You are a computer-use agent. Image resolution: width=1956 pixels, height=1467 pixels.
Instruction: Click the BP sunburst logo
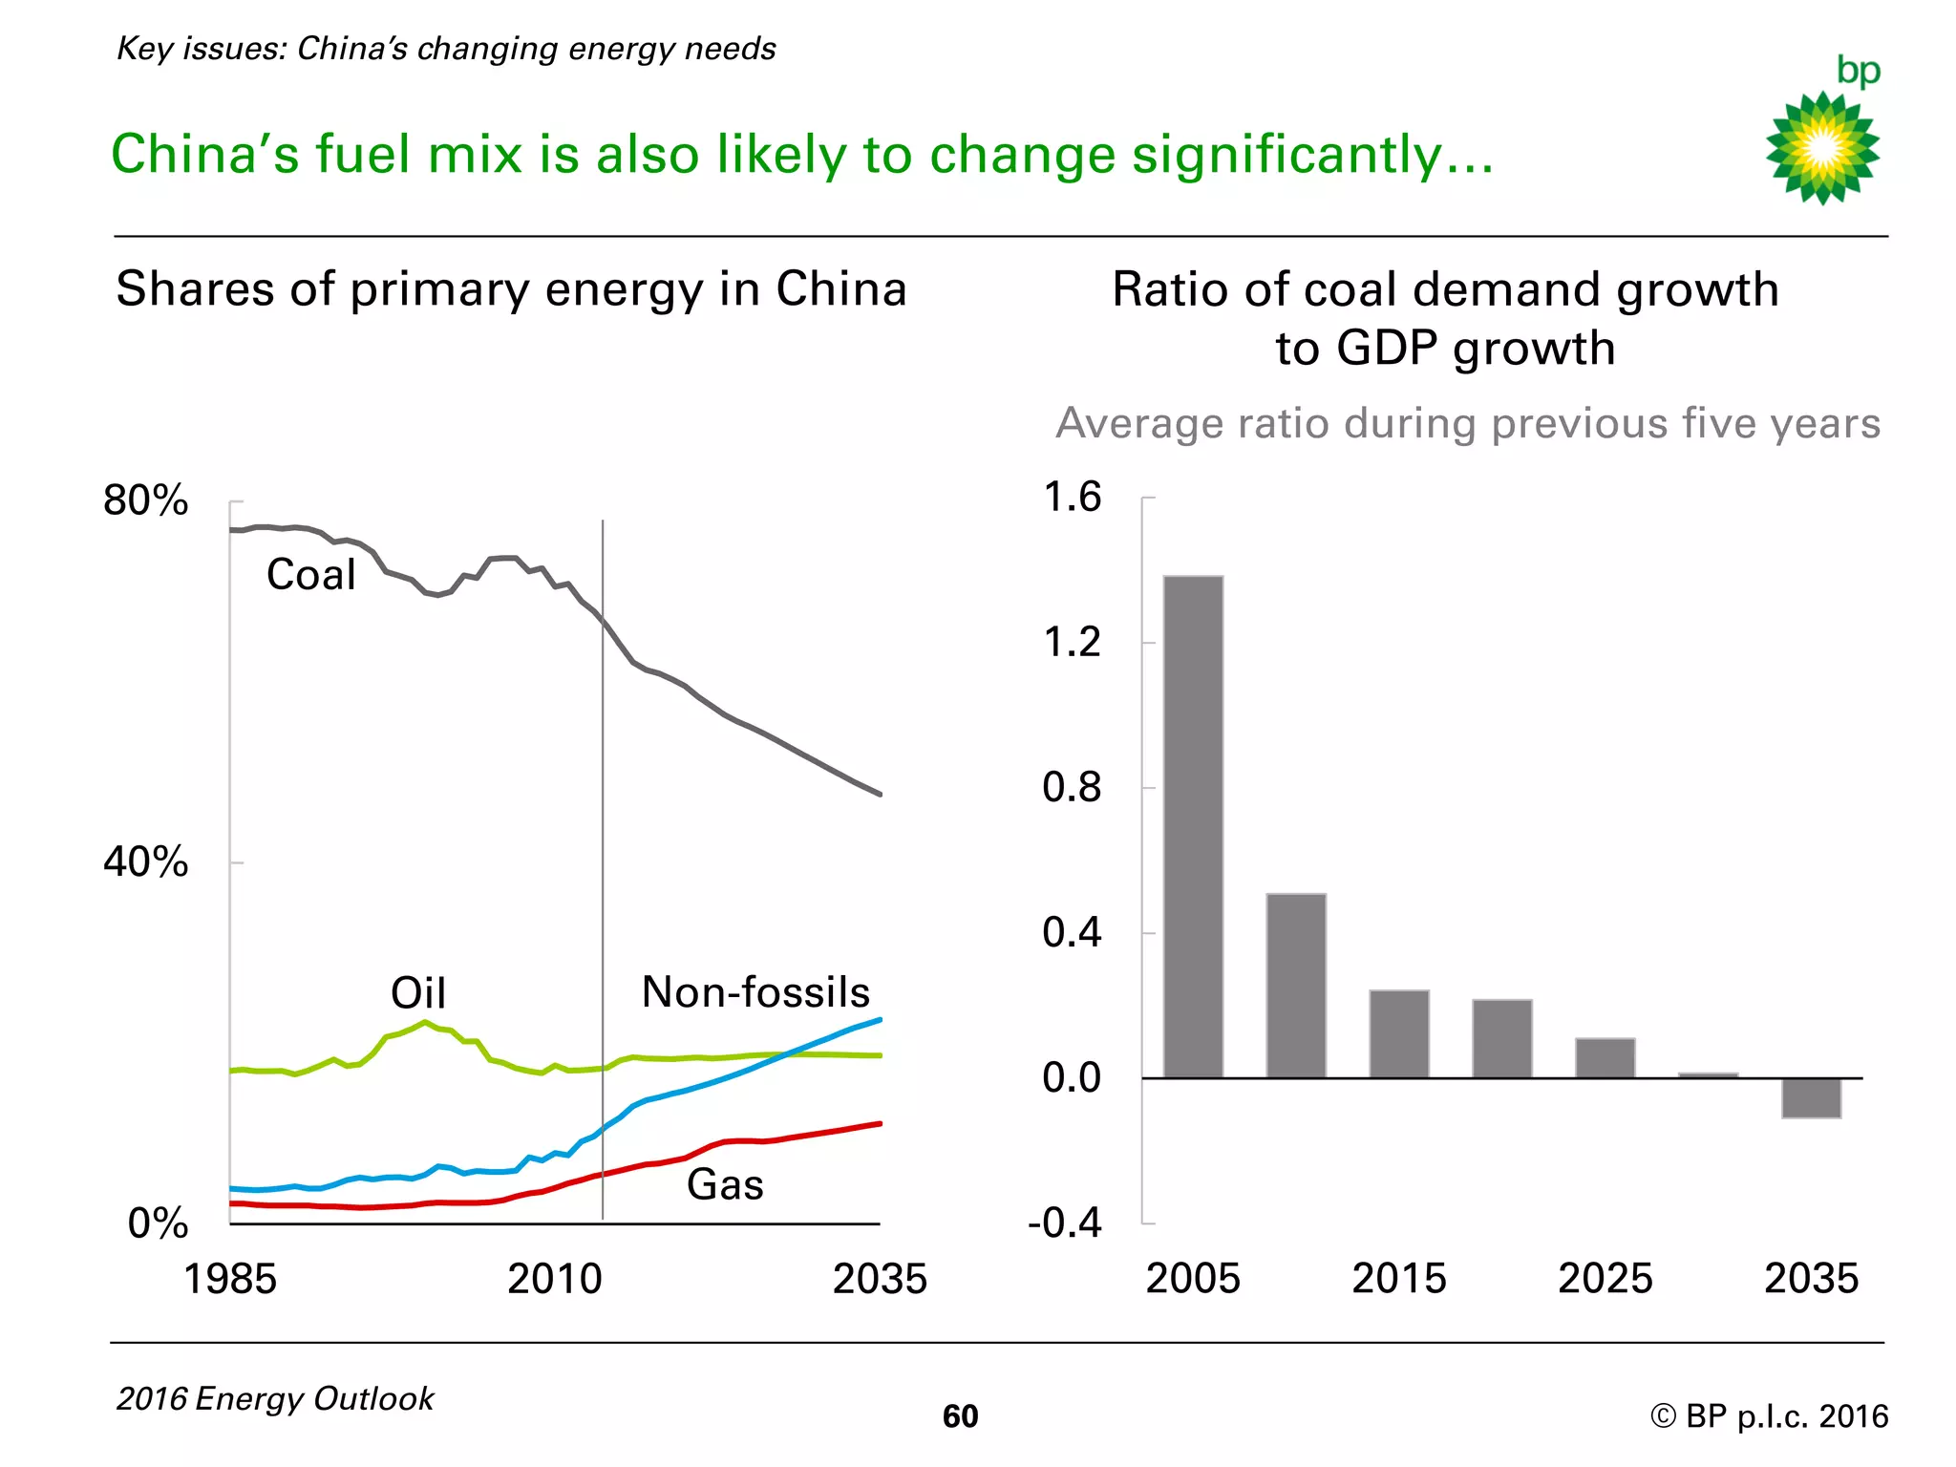tap(1822, 147)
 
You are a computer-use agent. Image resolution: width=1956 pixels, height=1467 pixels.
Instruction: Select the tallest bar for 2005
tap(1193, 826)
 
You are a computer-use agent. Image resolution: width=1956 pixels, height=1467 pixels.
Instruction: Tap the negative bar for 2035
tap(1811, 1098)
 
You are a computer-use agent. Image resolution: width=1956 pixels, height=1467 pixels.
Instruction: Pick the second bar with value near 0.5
tap(1296, 986)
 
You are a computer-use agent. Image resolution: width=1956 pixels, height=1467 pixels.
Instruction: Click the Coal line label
tap(310, 575)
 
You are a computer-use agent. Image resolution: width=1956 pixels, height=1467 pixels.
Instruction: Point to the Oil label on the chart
tap(418, 993)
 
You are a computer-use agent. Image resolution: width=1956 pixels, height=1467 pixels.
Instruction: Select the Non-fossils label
tap(755, 992)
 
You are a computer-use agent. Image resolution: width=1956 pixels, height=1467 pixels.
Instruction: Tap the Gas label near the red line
tap(725, 1185)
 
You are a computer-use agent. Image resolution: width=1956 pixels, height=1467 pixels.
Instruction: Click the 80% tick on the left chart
tap(145, 500)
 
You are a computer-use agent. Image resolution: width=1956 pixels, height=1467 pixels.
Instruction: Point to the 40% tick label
tap(145, 861)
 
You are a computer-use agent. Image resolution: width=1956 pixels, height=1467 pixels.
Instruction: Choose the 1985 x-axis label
tap(229, 1280)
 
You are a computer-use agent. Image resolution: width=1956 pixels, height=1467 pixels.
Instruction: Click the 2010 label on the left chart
tap(554, 1280)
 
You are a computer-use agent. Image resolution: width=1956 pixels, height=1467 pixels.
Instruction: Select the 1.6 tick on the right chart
tap(1072, 498)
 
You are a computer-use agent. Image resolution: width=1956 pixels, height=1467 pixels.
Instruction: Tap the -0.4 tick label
tap(1065, 1222)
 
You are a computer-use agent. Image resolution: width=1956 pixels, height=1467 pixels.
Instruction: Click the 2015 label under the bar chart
tap(1399, 1279)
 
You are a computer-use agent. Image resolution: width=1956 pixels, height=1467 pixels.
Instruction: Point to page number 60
tap(960, 1416)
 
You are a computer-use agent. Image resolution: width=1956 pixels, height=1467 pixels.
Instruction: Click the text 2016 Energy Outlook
tap(275, 1399)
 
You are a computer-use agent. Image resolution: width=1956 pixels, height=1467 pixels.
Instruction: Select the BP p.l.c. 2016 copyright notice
tap(1769, 1416)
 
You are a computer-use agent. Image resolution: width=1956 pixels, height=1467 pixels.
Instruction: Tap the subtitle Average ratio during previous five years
tap(1468, 423)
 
